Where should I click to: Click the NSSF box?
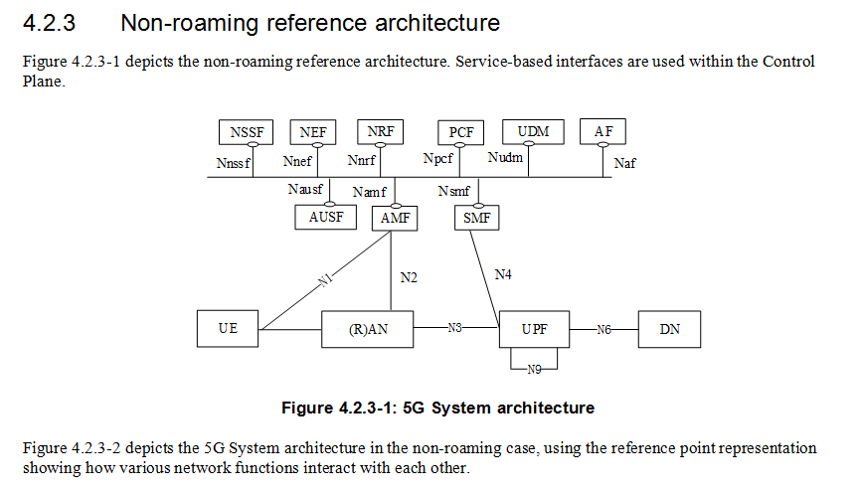tap(247, 132)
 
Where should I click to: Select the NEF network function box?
tap(313, 132)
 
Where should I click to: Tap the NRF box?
tap(380, 132)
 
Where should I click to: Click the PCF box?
tap(461, 132)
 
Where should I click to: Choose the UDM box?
tap(534, 132)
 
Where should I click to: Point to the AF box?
tap(603, 132)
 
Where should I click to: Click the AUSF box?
tap(326, 217)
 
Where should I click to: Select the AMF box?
tap(395, 218)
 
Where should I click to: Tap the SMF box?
tap(477, 218)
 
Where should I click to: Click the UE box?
tap(229, 328)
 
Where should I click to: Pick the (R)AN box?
tap(368, 329)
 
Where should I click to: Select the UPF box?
tap(534, 329)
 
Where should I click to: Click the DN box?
tap(670, 328)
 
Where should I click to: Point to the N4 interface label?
tap(504, 273)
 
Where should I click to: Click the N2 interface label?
tap(409, 278)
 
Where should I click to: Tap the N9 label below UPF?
tap(534, 369)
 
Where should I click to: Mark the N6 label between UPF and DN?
tap(602, 328)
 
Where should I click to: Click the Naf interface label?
tap(624, 164)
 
